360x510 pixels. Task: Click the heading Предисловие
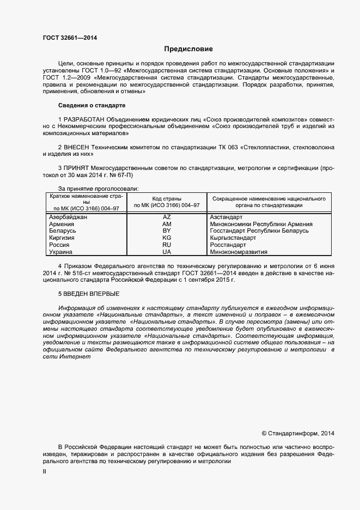[188, 49]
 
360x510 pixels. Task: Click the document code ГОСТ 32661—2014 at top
[70, 38]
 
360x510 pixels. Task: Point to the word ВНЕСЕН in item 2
[76, 147]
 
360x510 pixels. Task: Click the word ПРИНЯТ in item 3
[76, 169]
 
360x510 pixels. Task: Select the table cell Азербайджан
[68, 217]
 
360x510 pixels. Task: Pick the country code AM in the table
[167, 224]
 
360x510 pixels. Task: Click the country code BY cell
[167, 231]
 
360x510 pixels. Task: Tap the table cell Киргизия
[62, 238]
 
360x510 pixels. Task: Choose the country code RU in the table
[167, 245]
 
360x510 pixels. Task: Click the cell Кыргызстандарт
[233, 238]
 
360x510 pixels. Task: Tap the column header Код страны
[167, 199]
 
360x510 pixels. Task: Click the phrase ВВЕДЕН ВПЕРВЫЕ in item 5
[91, 294]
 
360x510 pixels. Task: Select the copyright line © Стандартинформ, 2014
[298, 434]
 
